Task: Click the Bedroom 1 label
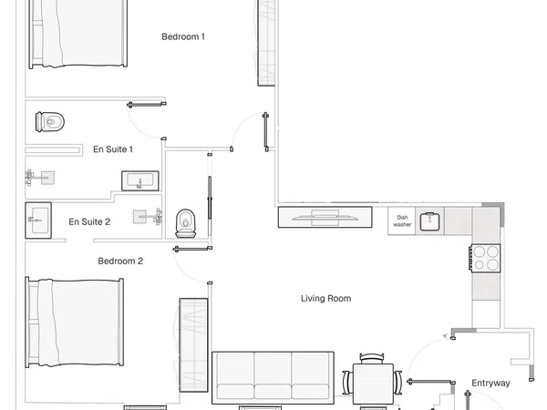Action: click(x=183, y=36)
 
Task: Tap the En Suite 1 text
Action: click(x=113, y=149)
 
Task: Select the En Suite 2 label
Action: click(x=89, y=221)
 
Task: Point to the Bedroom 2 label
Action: click(x=120, y=261)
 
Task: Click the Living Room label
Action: click(x=325, y=299)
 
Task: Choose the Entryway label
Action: click(x=490, y=384)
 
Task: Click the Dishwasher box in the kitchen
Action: click(x=401, y=221)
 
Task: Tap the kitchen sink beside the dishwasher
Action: click(x=429, y=221)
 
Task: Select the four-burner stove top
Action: click(x=485, y=258)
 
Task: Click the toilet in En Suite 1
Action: click(x=50, y=122)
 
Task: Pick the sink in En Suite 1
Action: click(x=139, y=181)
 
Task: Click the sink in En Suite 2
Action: click(x=38, y=220)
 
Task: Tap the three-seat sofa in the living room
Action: click(x=273, y=377)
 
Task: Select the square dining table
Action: click(x=373, y=384)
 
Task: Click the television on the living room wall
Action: click(x=325, y=217)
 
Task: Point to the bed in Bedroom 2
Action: click(x=75, y=323)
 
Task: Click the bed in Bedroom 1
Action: click(x=77, y=34)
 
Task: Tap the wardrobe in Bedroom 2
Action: click(x=193, y=344)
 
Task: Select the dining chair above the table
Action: click(x=372, y=358)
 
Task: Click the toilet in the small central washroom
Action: click(x=186, y=223)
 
